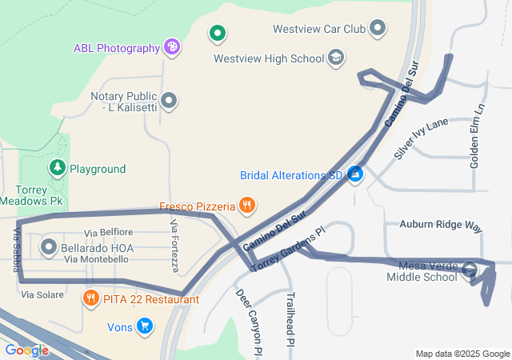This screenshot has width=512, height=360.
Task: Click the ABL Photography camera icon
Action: pyautogui.click(x=171, y=47)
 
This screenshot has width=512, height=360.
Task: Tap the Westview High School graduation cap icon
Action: pyautogui.click(x=336, y=58)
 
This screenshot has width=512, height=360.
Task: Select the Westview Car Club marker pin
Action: pyautogui.click(x=378, y=30)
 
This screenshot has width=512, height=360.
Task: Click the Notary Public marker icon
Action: pyautogui.click(x=169, y=101)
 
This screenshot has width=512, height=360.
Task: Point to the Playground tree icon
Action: pyautogui.click(x=57, y=168)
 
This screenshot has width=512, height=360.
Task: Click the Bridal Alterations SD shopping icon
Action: pyautogui.click(x=355, y=174)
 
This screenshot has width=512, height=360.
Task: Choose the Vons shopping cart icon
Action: pyautogui.click(x=145, y=326)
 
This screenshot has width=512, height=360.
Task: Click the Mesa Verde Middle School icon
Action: pyautogui.click(x=470, y=270)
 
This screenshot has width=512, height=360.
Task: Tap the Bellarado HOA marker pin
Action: pyautogui.click(x=48, y=247)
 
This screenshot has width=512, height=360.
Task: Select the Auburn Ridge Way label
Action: pyautogui.click(x=441, y=226)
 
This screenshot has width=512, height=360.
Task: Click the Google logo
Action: pyautogui.click(x=26, y=350)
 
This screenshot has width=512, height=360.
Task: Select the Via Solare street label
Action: pyautogui.click(x=42, y=295)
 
